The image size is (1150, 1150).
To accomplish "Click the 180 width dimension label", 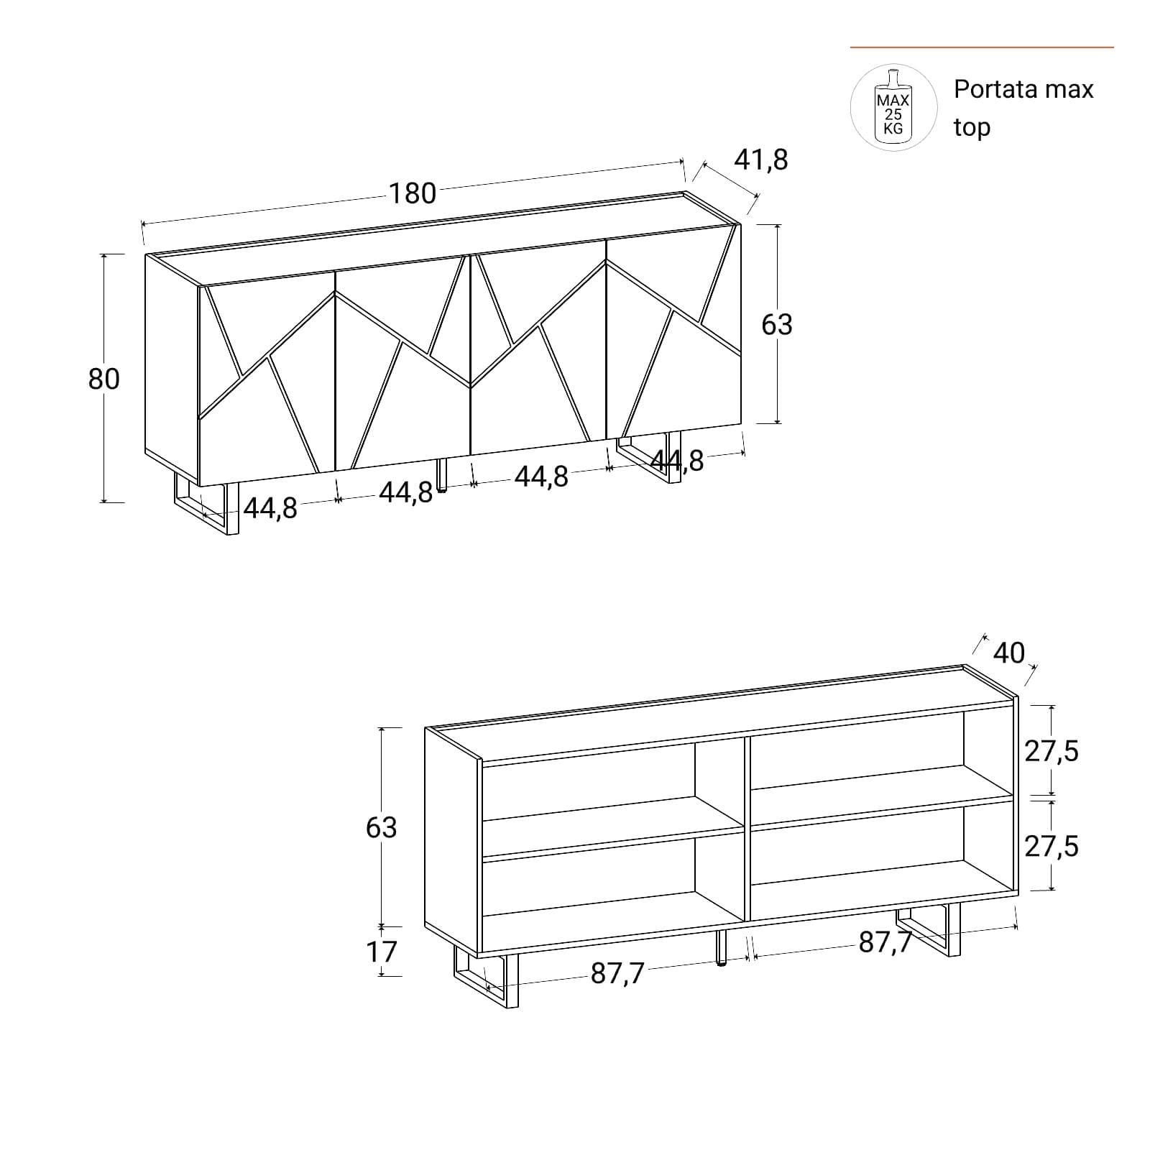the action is pos(413,193).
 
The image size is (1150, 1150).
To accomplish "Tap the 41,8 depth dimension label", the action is pos(760,160).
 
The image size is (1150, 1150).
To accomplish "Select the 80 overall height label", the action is pos(104,379).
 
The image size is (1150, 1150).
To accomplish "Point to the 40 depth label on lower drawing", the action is pos(1008,653).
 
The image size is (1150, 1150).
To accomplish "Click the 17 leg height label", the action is pos(382,952).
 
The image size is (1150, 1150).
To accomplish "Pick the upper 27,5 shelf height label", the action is pos(1052,751).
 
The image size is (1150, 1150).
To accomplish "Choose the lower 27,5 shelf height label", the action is pos(1052,846).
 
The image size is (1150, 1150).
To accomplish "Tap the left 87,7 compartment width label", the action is pos(618,973).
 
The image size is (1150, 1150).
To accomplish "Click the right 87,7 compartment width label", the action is pos(885,942).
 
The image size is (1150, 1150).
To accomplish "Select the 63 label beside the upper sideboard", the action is pos(777,324).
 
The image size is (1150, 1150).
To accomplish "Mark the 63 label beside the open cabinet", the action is pos(382,827).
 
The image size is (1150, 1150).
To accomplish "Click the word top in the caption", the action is pos(972,127).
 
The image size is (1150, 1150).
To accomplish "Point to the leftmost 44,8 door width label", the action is pos(270,508).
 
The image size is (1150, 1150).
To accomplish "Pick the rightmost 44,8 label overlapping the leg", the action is pos(677,461).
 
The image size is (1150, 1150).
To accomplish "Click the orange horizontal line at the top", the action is pos(982,47).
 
